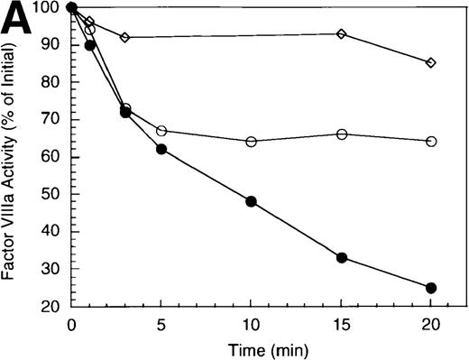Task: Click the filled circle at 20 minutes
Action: coord(431,288)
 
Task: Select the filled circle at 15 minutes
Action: coord(341,257)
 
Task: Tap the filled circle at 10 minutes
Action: coord(251,201)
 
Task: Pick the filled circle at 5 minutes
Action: coord(161,149)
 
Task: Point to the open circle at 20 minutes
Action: coord(431,142)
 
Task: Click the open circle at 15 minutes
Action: coord(341,134)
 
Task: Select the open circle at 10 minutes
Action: coord(251,142)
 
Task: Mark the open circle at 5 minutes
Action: coord(161,131)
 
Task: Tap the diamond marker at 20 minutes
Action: coord(431,63)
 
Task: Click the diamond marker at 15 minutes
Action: coord(341,34)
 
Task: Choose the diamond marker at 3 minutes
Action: coord(124,37)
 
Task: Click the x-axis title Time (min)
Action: coord(250,347)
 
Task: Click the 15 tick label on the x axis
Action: coord(341,323)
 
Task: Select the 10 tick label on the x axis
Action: coord(251,323)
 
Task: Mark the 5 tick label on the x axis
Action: coord(161,323)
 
